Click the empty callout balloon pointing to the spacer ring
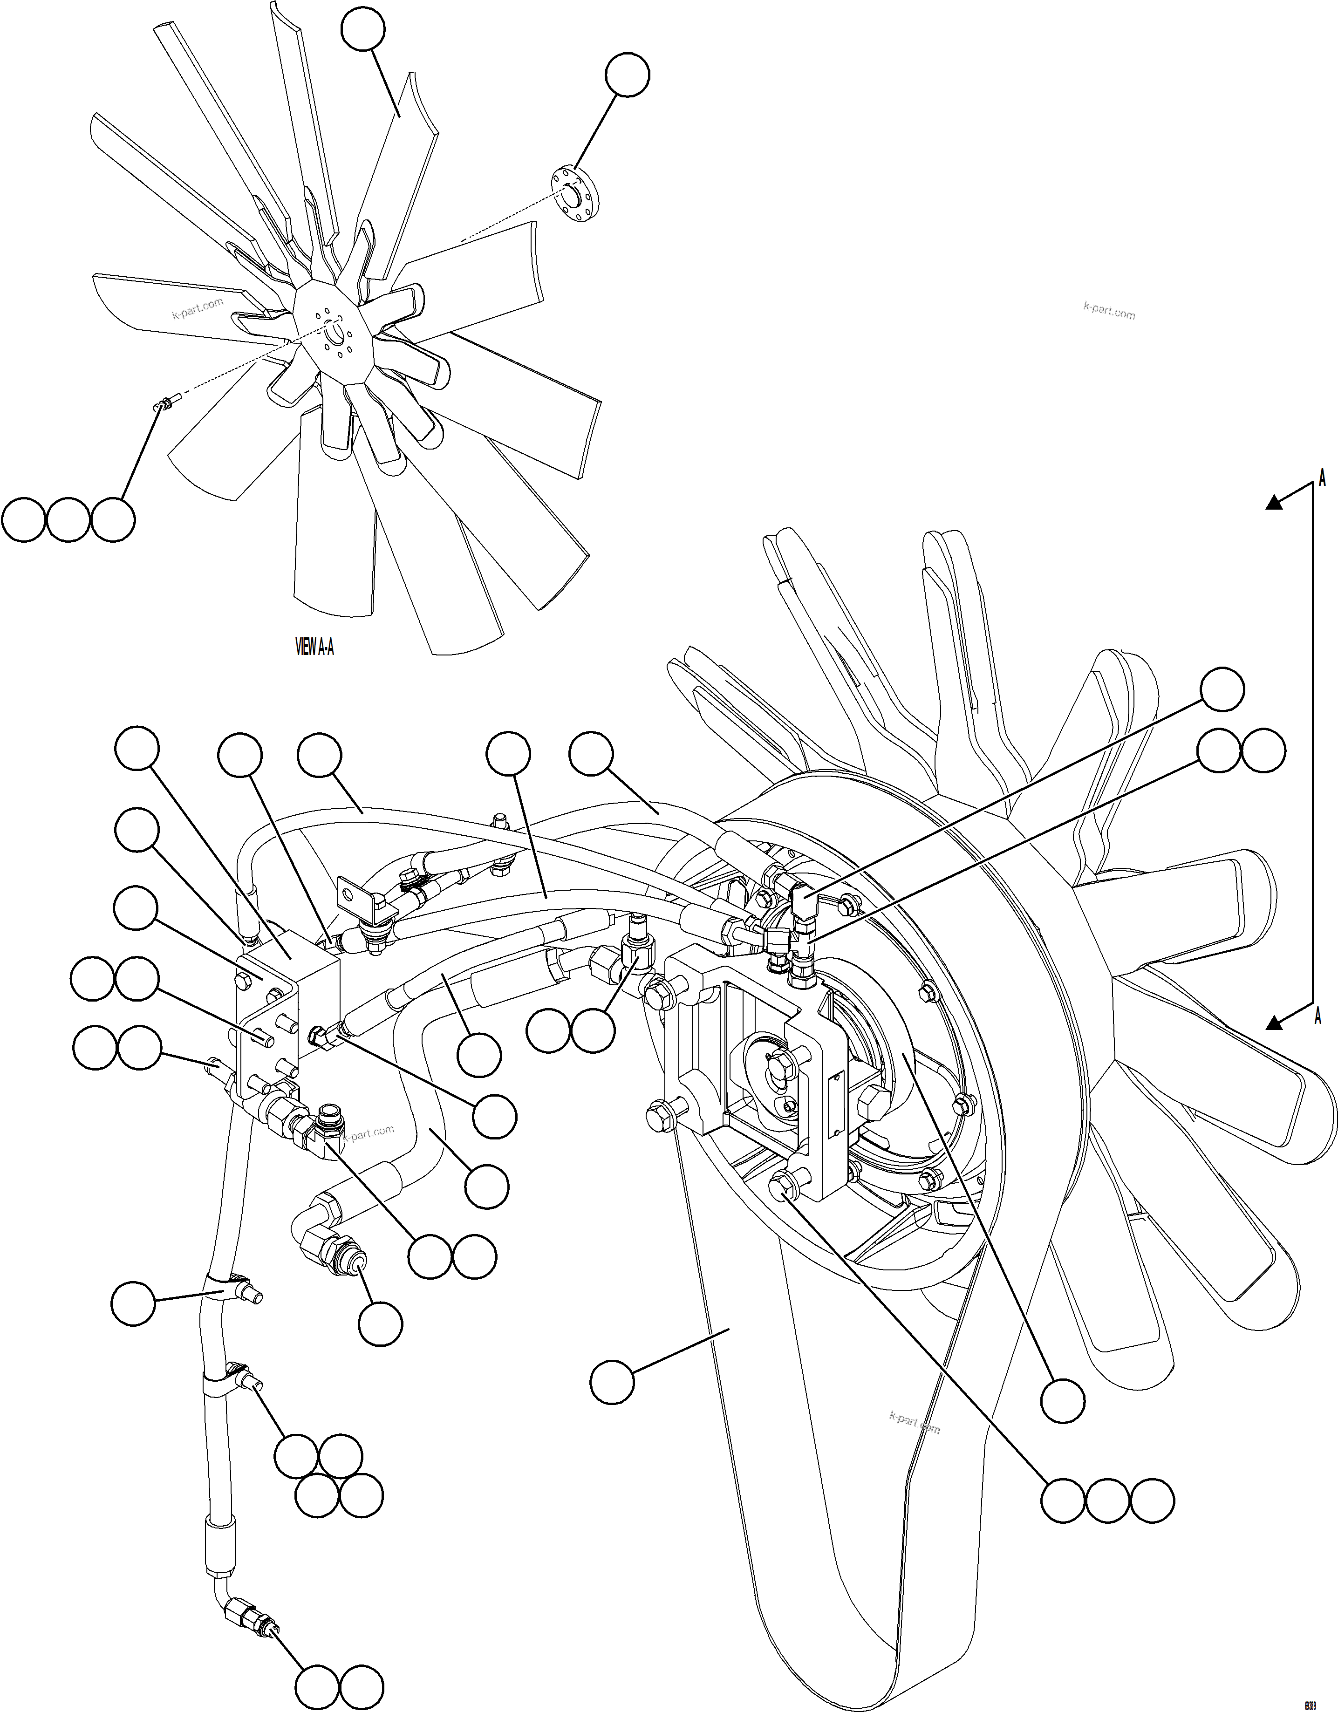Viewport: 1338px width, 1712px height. click(627, 75)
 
